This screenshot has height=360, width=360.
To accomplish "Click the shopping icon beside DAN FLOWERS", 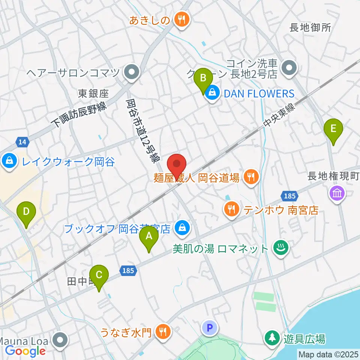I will (212, 93).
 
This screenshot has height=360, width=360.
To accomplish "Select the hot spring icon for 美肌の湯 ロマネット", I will (279, 249).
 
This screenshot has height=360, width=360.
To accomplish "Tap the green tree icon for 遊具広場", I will (271, 339).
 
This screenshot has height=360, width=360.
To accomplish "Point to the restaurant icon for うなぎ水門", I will (164, 331).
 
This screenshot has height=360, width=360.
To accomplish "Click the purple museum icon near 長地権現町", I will (336, 194).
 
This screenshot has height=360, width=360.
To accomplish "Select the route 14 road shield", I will (22, 142).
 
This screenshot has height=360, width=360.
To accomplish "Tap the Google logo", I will (25, 351).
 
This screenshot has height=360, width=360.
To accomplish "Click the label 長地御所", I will (311, 28).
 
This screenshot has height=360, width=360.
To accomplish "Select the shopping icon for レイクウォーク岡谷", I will (8, 162).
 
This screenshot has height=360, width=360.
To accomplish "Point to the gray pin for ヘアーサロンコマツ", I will (132, 72).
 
